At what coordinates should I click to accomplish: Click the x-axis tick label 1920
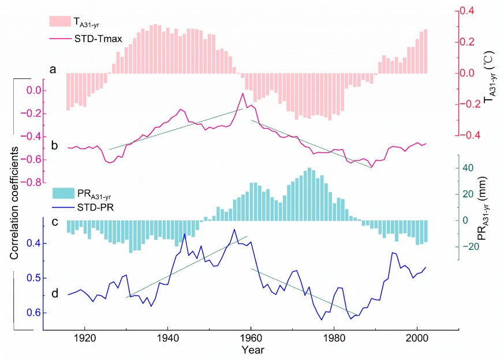coord(84,339)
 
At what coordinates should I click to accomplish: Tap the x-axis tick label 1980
coord(334,339)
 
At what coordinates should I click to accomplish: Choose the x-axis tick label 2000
coord(417,339)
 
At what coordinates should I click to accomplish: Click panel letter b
coord(53,145)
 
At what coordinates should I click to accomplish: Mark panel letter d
coord(54,294)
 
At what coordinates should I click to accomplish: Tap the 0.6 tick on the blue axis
coord(31,313)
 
